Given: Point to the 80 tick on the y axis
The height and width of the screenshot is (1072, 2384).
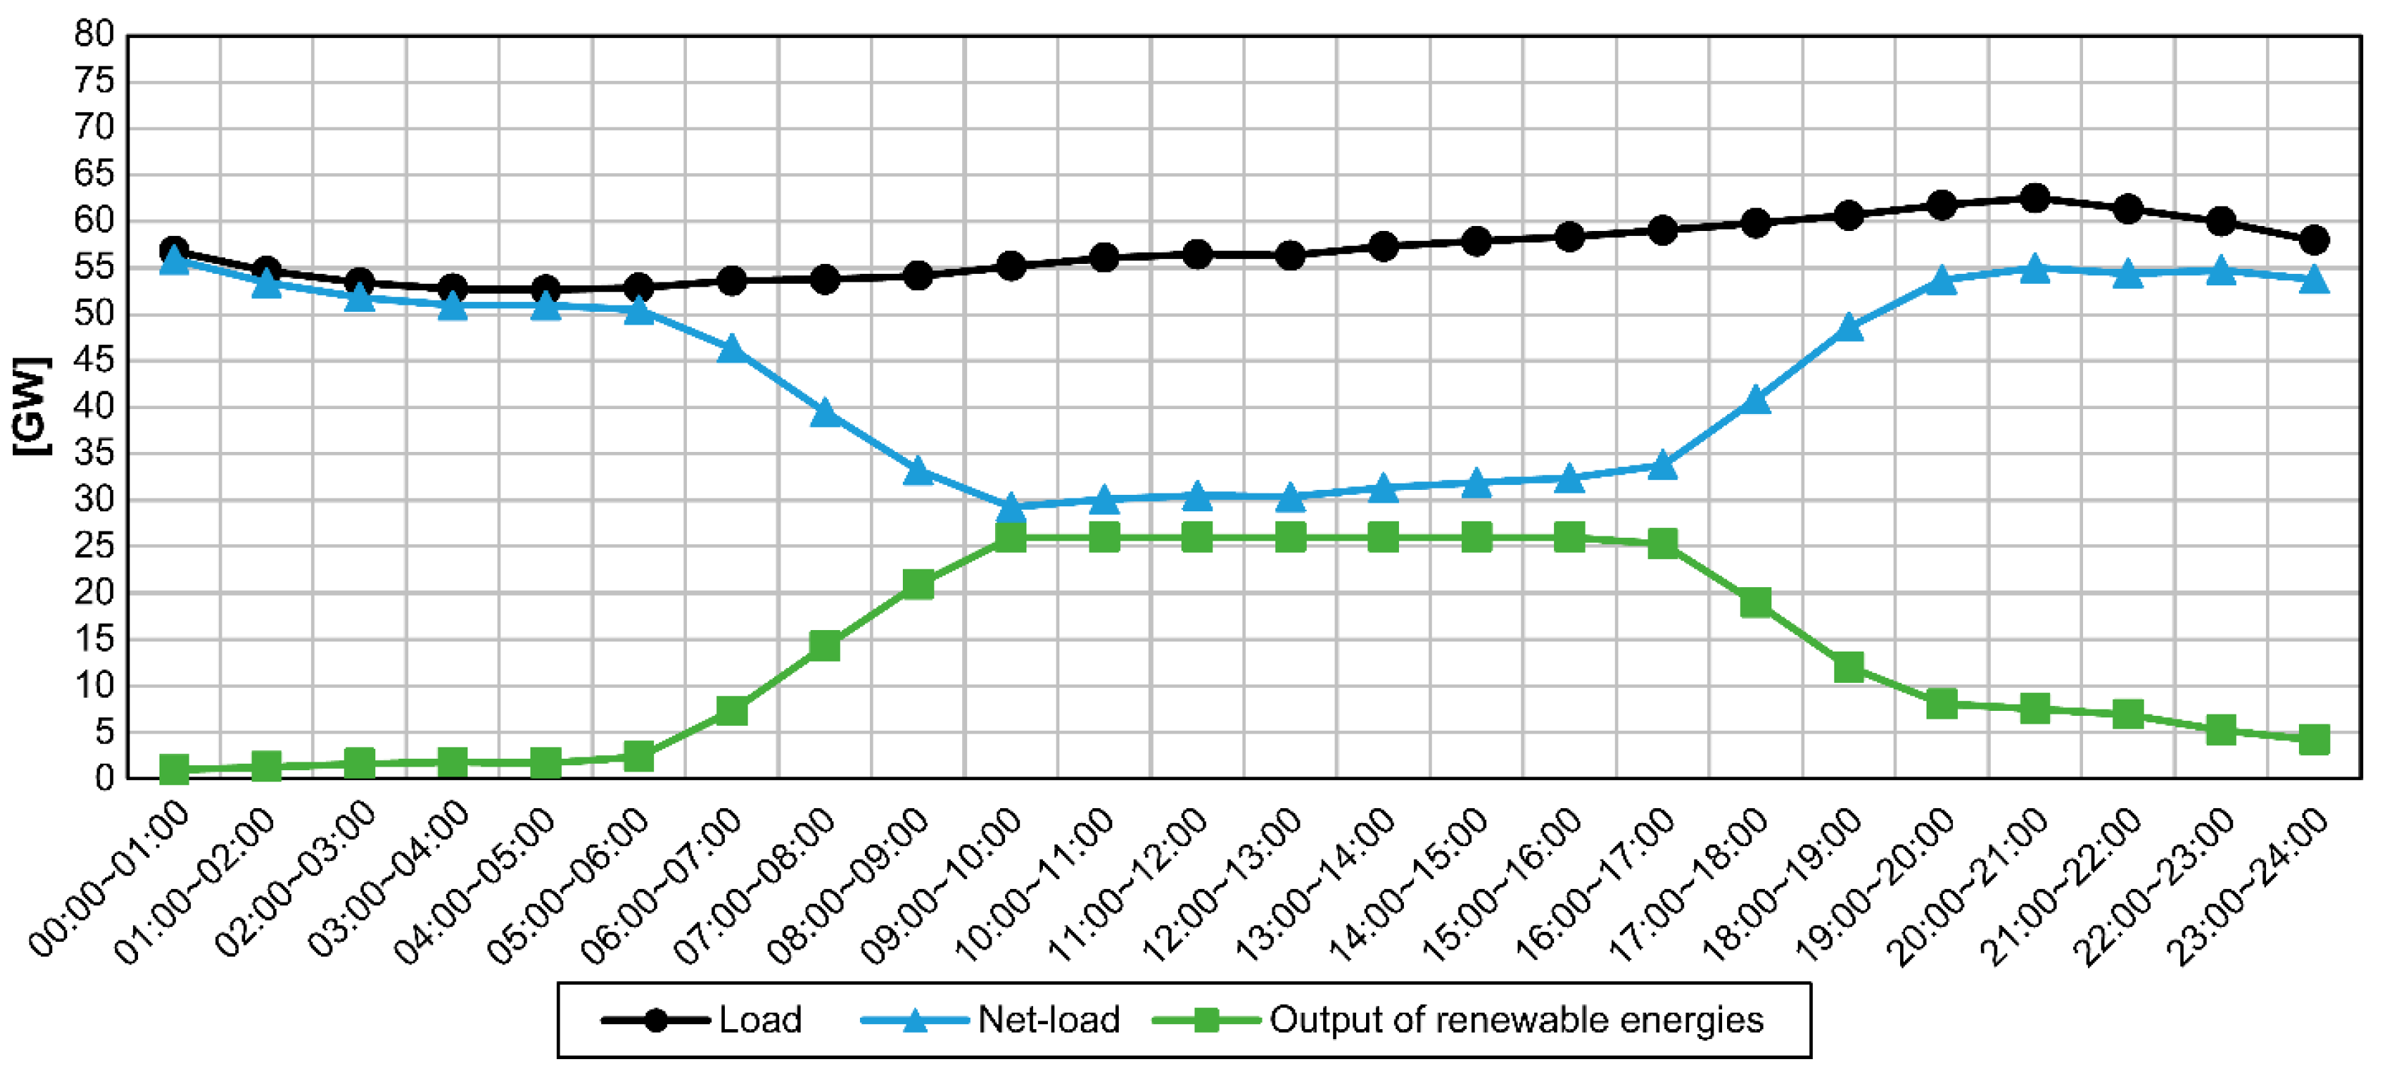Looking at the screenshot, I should pyautogui.click(x=94, y=35).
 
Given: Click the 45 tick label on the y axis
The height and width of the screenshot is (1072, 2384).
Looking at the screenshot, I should pyautogui.click(x=94, y=360).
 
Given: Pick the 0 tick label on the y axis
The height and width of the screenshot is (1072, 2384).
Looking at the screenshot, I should pyautogui.click(x=104, y=779).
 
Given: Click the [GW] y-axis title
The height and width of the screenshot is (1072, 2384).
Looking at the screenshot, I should pyautogui.click(x=31, y=405).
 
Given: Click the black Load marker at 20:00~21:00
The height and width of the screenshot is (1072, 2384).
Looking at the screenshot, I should pyautogui.click(x=2034, y=198).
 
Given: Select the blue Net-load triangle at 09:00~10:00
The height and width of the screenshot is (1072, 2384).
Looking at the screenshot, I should pyautogui.click(x=1011, y=506).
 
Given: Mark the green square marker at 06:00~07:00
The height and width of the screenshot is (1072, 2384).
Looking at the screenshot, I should pyautogui.click(x=731, y=711).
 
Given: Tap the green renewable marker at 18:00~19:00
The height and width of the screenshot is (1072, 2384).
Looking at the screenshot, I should pyautogui.click(x=1848, y=667).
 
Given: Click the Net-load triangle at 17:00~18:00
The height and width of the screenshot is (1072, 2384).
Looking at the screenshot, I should pyautogui.click(x=1756, y=400).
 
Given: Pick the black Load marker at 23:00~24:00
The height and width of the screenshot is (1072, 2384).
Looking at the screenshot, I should pyautogui.click(x=2314, y=240).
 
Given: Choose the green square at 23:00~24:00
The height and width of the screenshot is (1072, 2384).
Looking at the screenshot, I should pyautogui.click(x=2314, y=739).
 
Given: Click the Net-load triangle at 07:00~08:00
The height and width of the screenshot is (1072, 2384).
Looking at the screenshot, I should pyautogui.click(x=825, y=413).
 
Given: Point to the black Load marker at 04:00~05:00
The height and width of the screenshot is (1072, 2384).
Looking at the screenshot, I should pyautogui.click(x=545, y=289).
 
